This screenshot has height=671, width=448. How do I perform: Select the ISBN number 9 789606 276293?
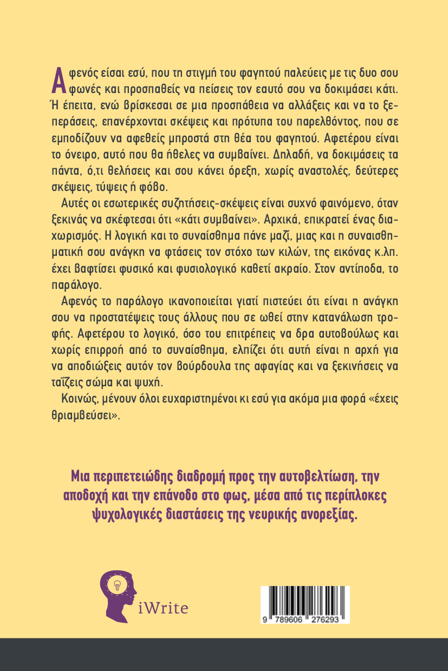point(304,620)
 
